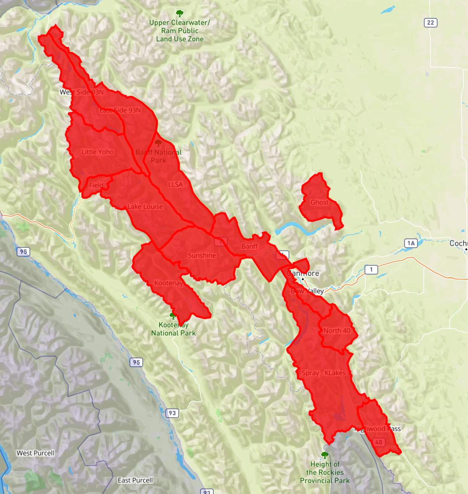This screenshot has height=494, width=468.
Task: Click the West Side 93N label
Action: pos(82,92)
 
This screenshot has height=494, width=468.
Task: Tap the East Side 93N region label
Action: pos(120,110)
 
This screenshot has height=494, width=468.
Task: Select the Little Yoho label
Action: pos(97,152)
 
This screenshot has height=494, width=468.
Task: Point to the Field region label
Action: pos(96,185)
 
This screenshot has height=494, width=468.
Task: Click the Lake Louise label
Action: pos(145,206)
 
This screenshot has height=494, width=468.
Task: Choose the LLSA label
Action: pos(175,184)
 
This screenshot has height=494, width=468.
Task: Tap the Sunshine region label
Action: pos(202,255)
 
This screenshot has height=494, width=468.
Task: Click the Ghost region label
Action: pos(319,202)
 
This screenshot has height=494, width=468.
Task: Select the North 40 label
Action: pos(337,331)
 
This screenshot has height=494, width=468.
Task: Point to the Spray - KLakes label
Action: pos(324,373)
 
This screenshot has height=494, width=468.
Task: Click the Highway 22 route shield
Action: pos(431,23)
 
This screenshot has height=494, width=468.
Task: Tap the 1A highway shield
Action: pos(411,243)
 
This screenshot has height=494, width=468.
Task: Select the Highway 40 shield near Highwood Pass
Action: pos(378,442)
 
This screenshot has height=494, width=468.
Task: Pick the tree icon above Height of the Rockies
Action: pos(324,455)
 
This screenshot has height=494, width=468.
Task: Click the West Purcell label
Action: pos(35,453)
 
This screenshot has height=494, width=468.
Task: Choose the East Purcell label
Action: pos(135,480)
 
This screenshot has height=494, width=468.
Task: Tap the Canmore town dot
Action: pos(302,279)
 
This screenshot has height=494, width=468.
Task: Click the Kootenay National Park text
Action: pos(174,329)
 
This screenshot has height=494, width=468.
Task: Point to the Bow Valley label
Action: pos(307,291)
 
